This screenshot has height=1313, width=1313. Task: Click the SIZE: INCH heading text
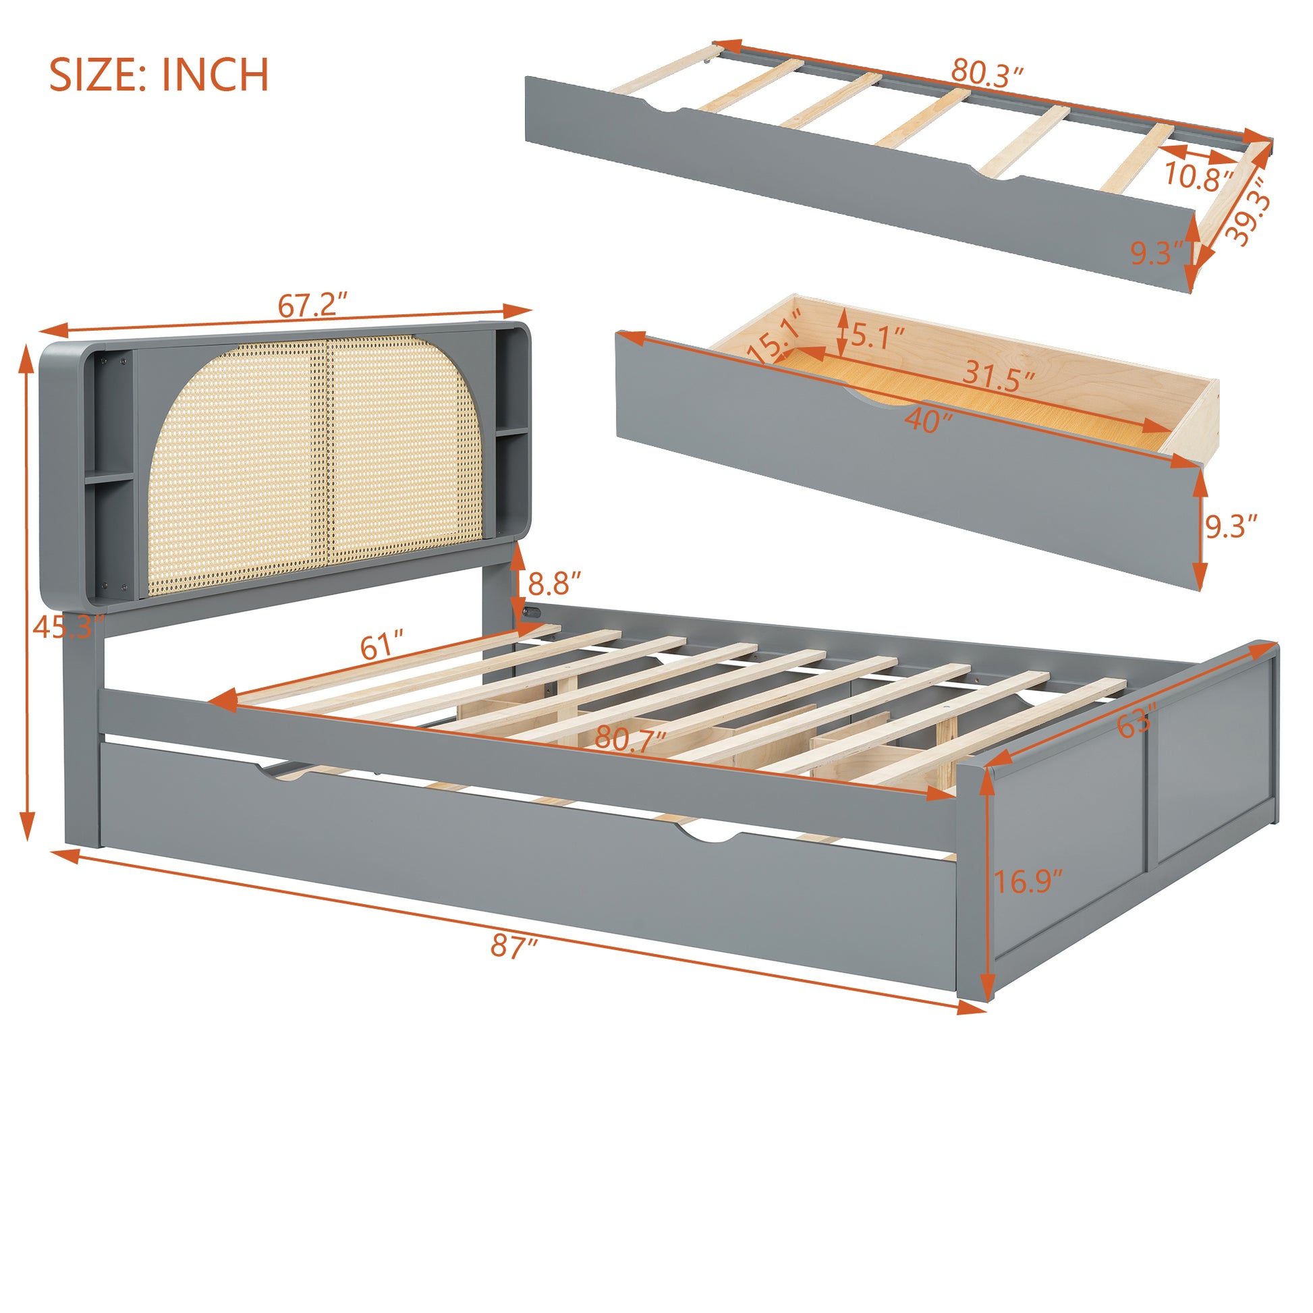click(159, 75)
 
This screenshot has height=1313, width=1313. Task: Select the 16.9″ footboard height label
click(1028, 882)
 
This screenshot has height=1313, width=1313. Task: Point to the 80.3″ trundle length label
click(987, 72)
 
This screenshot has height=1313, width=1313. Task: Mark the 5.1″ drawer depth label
click(878, 337)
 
